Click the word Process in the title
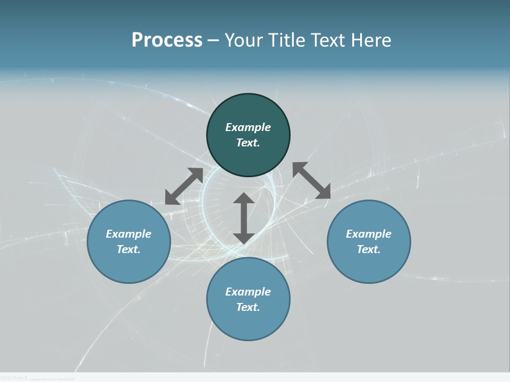(x=167, y=40)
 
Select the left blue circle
(x=129, y=265)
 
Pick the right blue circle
(x=369, y=265)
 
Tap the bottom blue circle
(x=248, y=324)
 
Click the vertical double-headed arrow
(x=244, y=218)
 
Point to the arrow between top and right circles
(x=311, y=180)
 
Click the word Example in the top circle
(x=248, y=127)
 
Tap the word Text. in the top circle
(x=248, y=143)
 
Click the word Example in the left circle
(x=129, y=234)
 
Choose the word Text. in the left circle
(x=129, y=249)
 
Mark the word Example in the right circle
(x=369, y=234)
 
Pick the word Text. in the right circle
(x=369, y=249)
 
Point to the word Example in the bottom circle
(x=248, y=292)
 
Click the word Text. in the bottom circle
(x=248, y=307)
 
